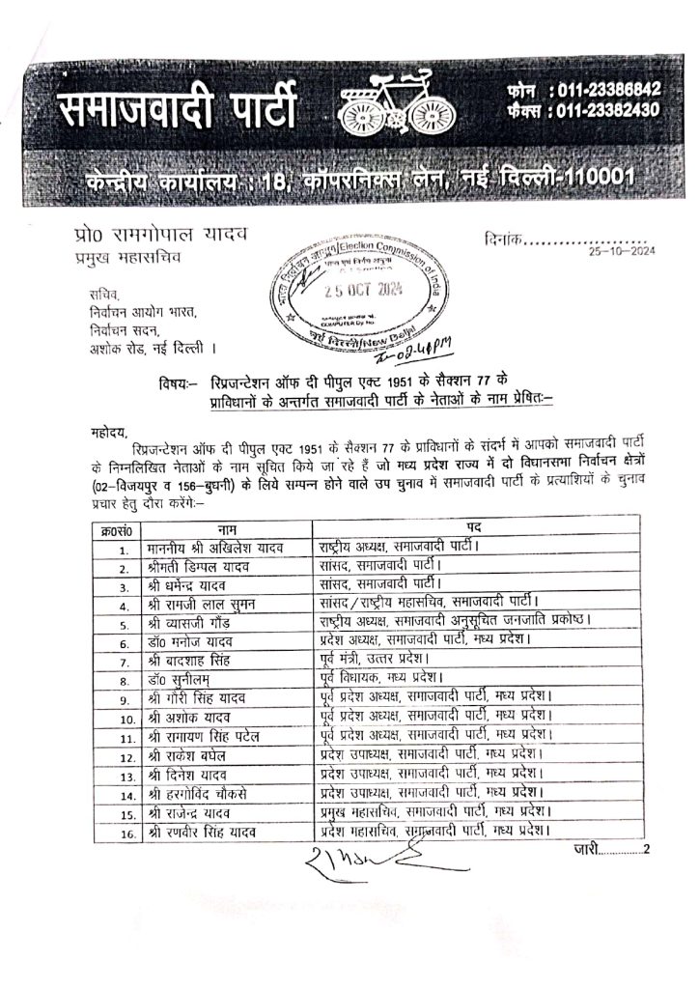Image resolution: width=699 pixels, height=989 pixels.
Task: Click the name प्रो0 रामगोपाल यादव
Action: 151,236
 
